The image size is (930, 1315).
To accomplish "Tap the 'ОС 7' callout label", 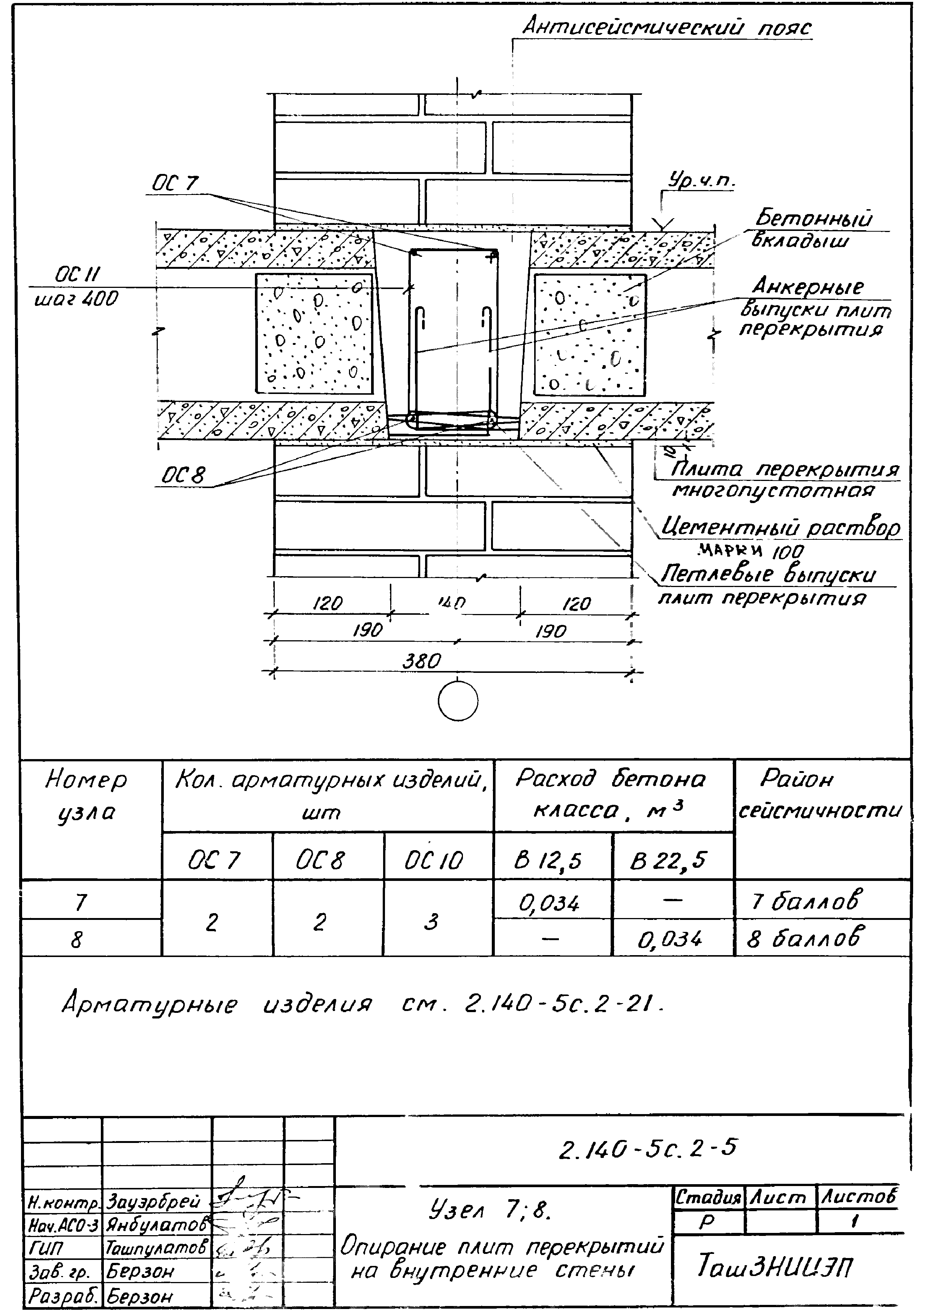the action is point(175,183).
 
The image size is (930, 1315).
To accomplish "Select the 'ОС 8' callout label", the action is point(183,475).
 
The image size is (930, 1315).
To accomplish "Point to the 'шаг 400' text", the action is point(76,299).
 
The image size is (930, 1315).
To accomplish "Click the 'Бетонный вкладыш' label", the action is point(813,229).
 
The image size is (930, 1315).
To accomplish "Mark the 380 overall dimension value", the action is point(421,662).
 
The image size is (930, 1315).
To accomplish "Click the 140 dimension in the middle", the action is point(452,602).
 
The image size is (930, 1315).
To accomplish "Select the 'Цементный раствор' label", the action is point(780,527).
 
